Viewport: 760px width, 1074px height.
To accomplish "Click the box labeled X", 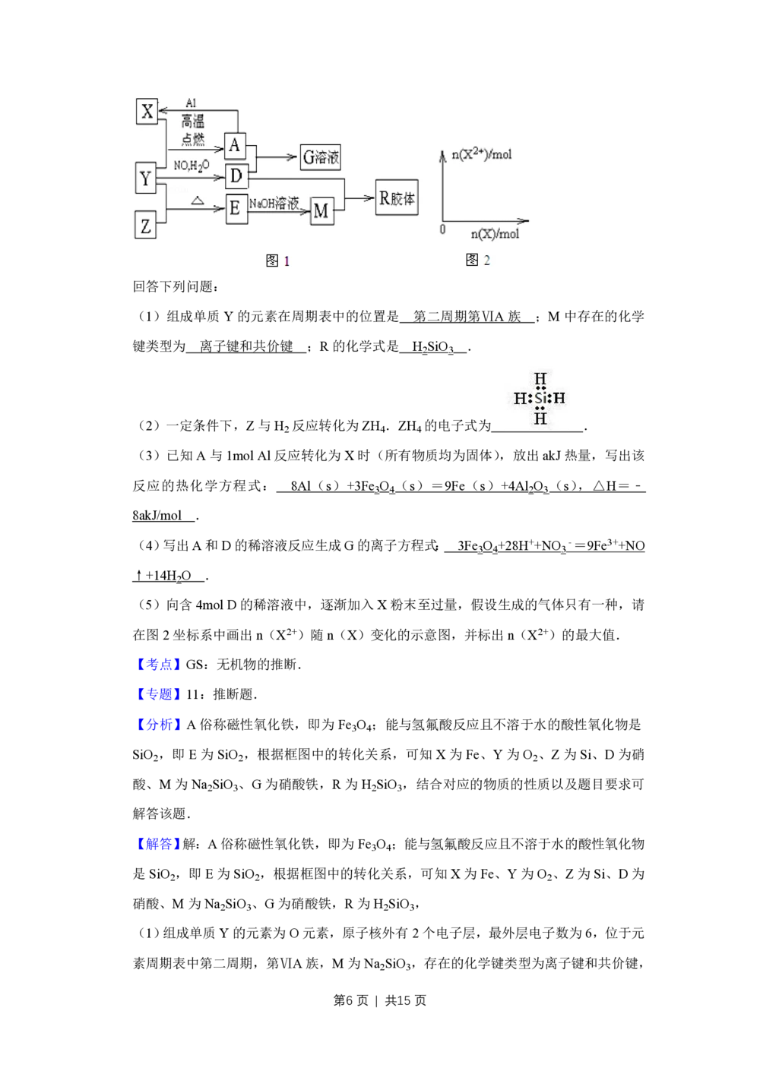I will [147, 111].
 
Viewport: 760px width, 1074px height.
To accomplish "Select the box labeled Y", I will [145, 179].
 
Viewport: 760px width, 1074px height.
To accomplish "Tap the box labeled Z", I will [145, 226].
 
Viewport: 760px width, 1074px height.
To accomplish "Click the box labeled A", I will [236, 145].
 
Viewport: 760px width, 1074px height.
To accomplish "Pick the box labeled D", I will [236, 177].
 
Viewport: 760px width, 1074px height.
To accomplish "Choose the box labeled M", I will [321, 211].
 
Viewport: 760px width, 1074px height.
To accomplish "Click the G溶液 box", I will [321, 157].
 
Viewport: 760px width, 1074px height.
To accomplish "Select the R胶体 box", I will [397, 199].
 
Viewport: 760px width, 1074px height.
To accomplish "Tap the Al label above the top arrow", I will [191, 103].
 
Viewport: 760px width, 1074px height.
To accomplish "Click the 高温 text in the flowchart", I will [193, 122].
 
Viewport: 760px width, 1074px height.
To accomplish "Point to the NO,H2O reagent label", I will [191, 166].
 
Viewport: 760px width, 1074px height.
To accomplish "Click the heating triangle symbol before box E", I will [197, 201].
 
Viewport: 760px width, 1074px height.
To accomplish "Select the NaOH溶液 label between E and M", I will [274, 204].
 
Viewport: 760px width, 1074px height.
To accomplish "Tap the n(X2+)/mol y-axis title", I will [482, 154].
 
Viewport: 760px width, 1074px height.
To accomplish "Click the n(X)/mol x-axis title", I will [495, 234].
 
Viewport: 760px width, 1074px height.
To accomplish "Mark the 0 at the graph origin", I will [443, 229].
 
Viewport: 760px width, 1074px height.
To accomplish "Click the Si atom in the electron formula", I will [540, 398].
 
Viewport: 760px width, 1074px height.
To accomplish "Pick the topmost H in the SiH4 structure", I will [540, 378].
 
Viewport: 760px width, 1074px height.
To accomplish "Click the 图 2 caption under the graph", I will [478, 260].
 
